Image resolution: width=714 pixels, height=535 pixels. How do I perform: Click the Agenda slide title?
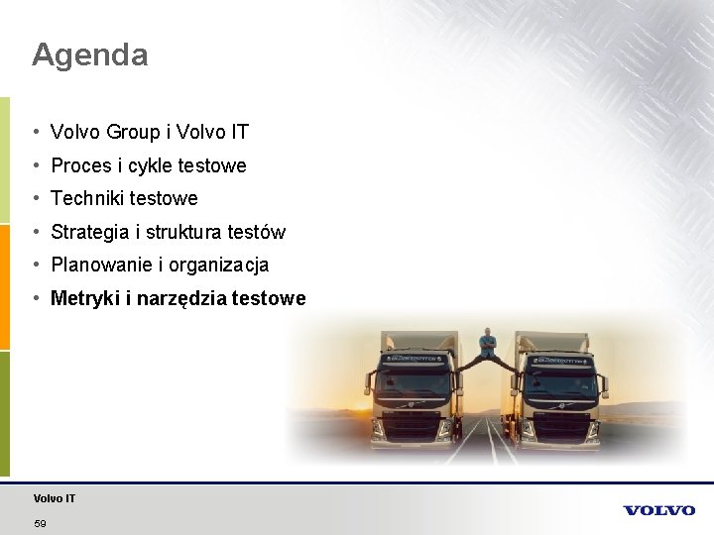(x=89, y=54)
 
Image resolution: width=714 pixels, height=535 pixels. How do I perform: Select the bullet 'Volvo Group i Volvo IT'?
(x=150, y=132)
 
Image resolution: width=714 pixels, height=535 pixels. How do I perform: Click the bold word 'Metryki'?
(x=84, y=298)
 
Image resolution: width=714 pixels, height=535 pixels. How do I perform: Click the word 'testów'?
(x=256, y=232)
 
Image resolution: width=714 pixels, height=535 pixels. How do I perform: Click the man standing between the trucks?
(x=487, y=345)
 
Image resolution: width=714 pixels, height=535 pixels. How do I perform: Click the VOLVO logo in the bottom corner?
(x=658, y=510)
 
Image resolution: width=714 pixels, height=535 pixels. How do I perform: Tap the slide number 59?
(x=40, y=523)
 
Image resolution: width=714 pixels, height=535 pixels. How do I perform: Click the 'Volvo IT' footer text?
(x=54, y=498)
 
